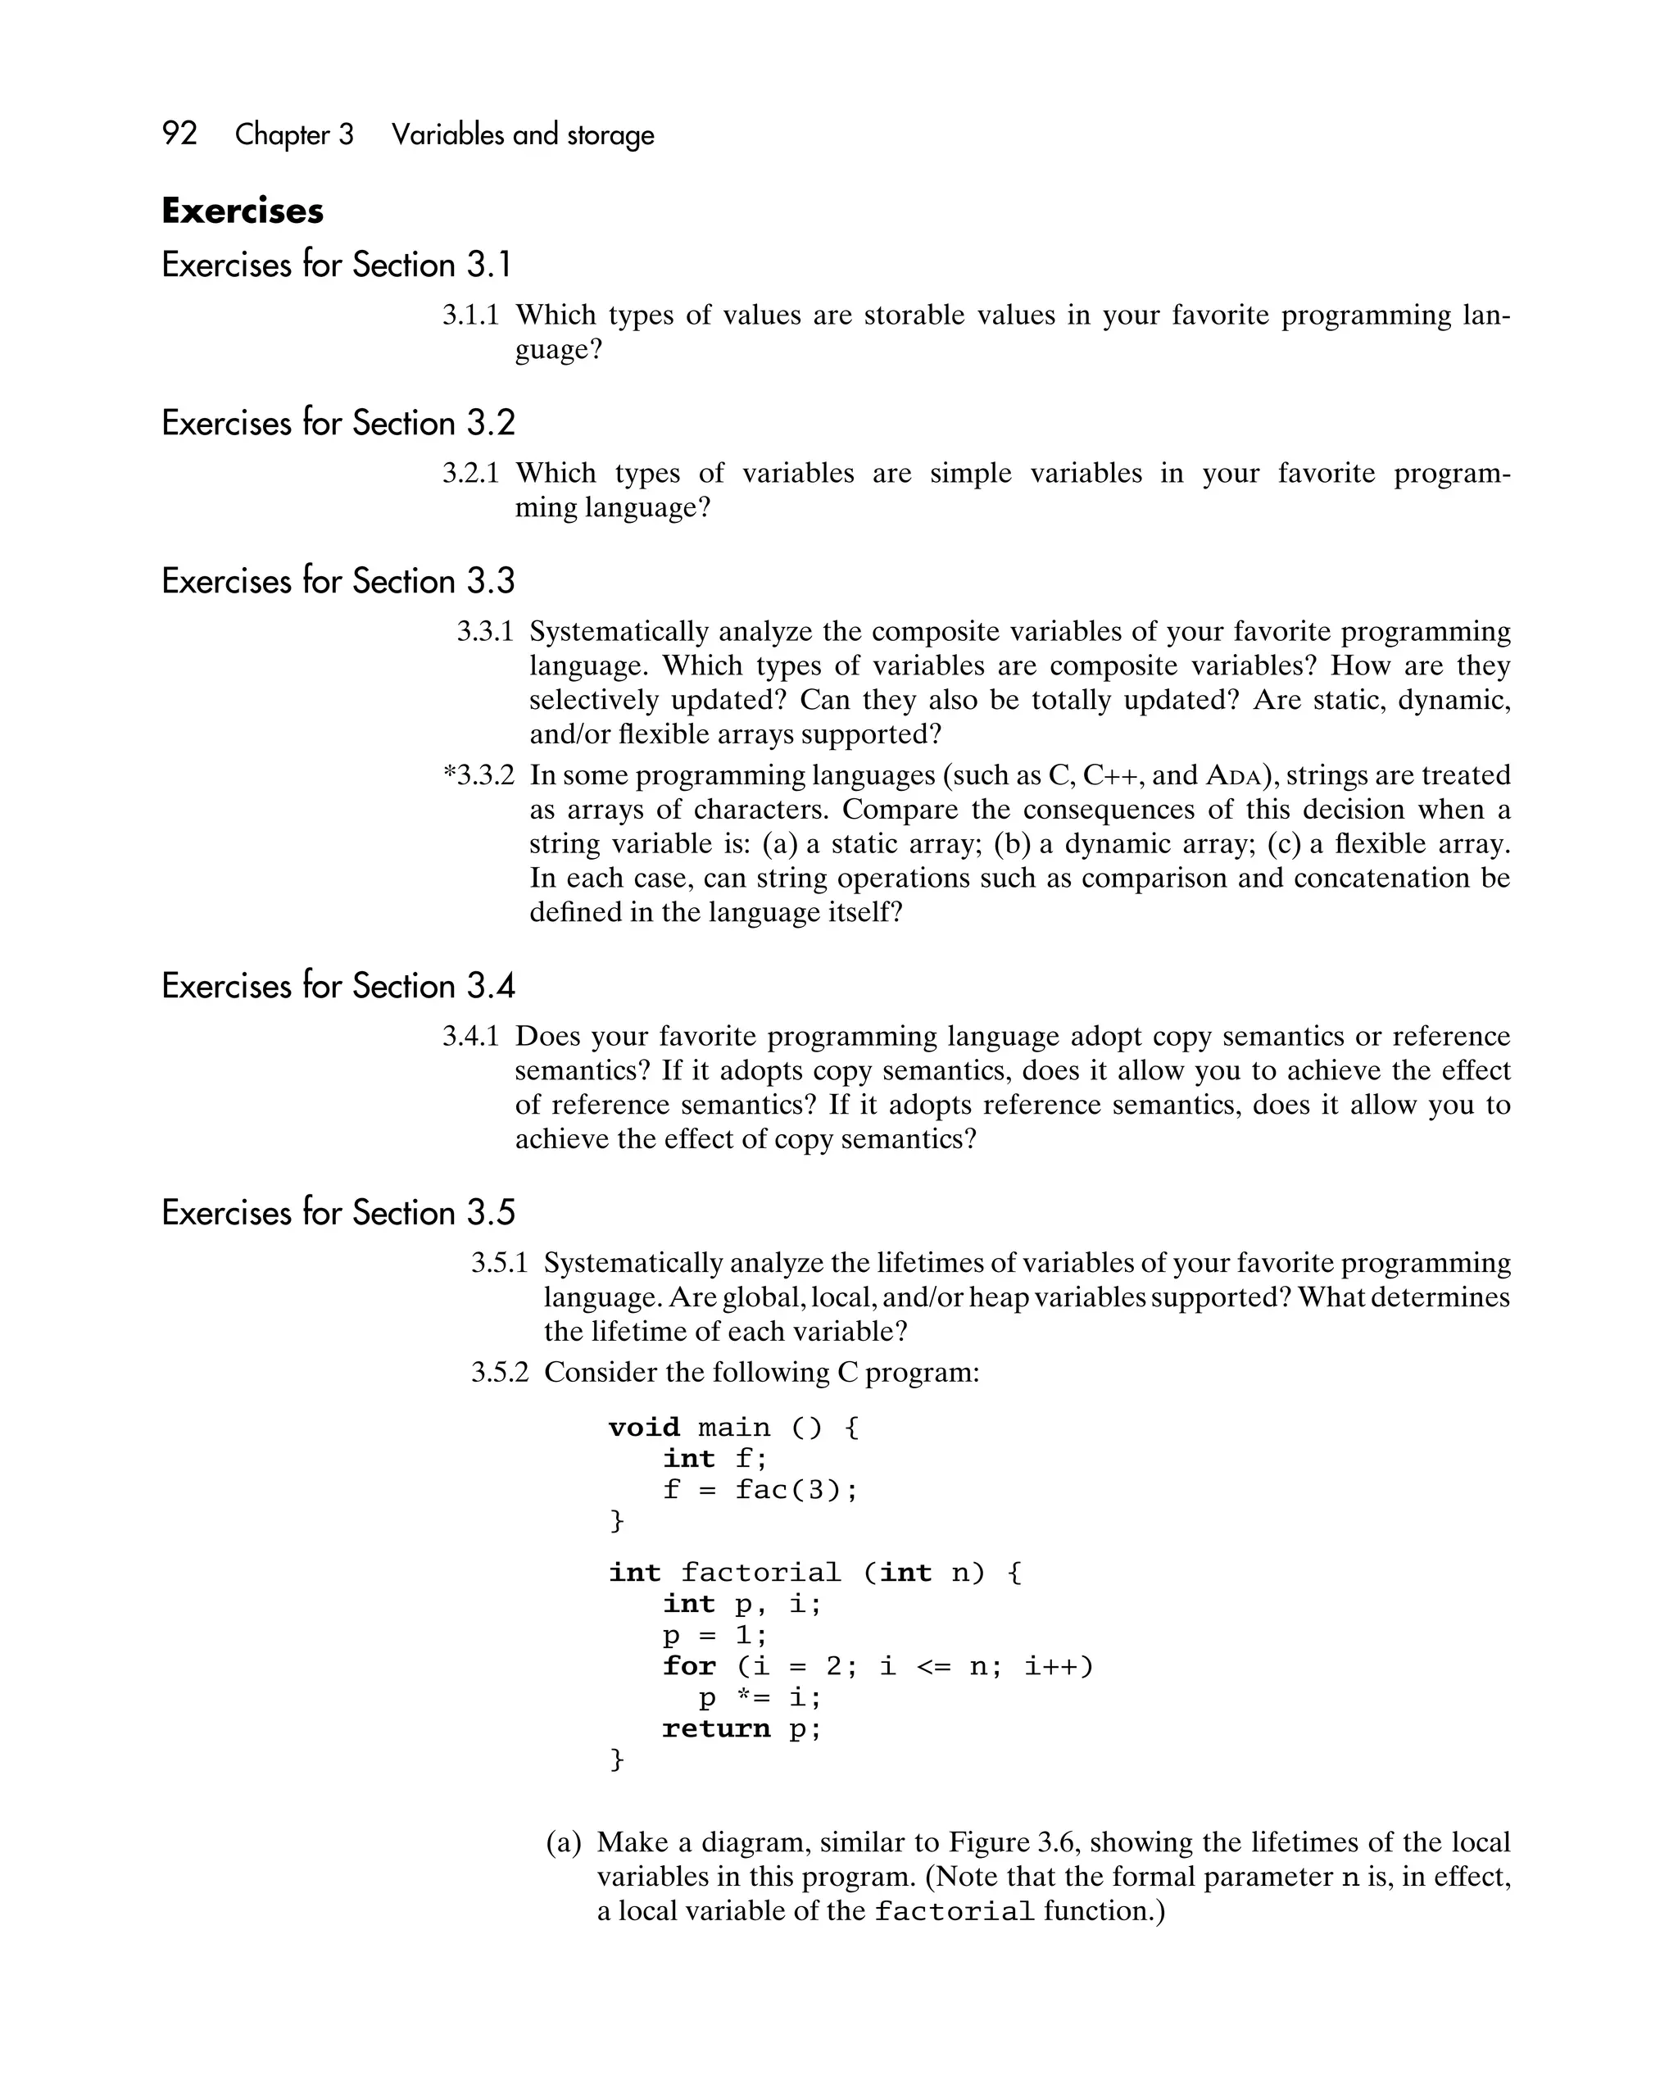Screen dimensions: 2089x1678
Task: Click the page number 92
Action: coord(179,133)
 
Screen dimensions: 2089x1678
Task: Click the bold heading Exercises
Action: coord(243,211)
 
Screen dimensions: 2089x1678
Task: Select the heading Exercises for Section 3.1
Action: coord(336,265)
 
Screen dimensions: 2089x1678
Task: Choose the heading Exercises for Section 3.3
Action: coord(338,580)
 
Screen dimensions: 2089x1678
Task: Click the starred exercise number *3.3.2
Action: coord(478,775)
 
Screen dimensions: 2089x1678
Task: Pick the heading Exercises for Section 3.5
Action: coord(338,1212)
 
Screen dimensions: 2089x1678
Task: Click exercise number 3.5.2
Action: coord(499,1372)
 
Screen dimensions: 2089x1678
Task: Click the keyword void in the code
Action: coord(643,1428)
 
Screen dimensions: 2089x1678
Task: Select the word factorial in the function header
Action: coord(760,1572)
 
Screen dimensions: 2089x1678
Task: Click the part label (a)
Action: coord(564,1842)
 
